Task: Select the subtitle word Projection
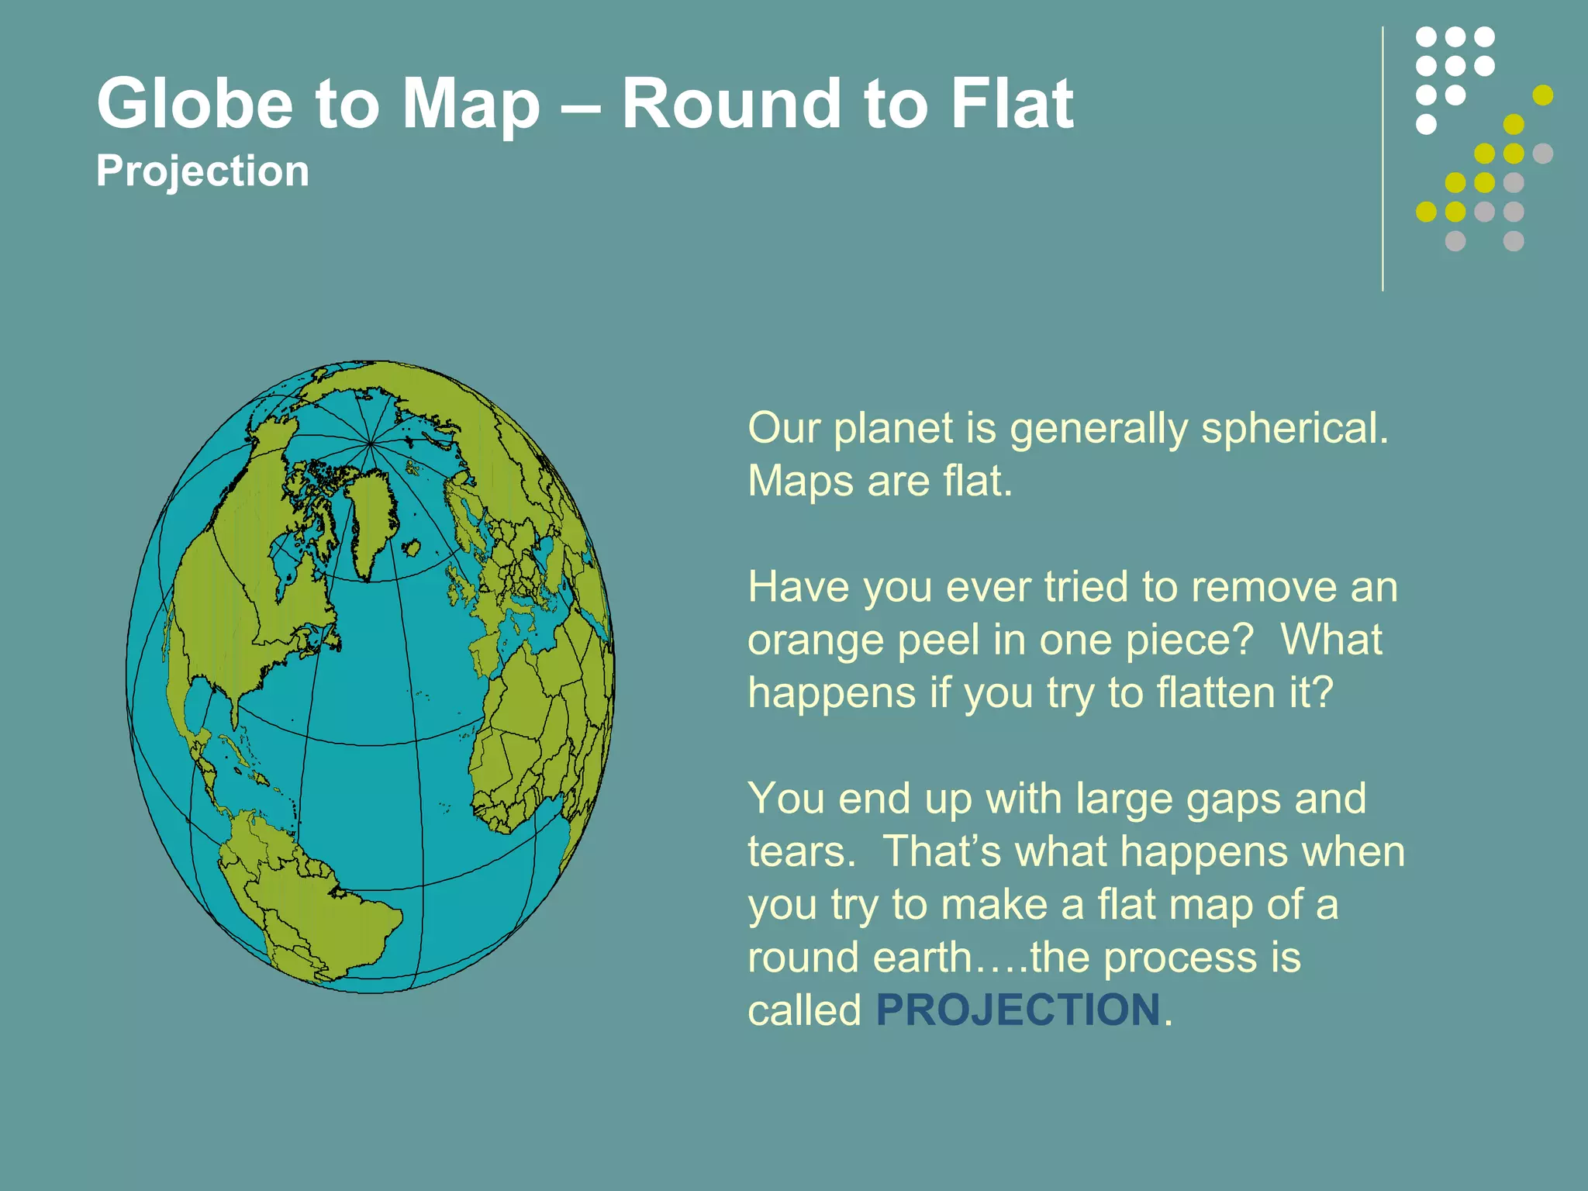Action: (x=202, y=171)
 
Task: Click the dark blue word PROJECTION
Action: (x=1017, y=1010)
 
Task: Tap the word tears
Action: (x=801, y=851)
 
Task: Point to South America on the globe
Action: (x=310, y=907)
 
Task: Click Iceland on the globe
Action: (x=412, y=550)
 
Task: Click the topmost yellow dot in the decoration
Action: (x=1543, y=95)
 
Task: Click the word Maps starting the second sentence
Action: (x=800, y=481)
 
